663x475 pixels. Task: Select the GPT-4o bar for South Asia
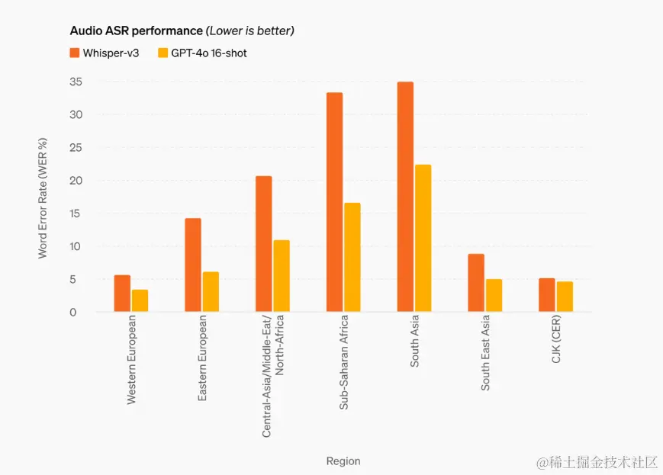[x=423, y=238]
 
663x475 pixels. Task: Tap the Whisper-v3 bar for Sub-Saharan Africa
[x=334, y=202]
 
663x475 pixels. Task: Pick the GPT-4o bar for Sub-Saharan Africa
[x=352, y=257]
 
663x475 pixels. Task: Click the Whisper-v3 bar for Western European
[x=122, y=294]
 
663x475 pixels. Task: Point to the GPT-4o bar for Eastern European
[x=211, y=292]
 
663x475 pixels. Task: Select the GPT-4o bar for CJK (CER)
[x=565, y=297]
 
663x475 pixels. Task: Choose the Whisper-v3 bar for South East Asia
[x=476, y=283]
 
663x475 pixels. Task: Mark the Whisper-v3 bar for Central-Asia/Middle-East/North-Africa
[x=263, y=244]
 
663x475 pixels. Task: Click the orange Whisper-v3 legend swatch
[x=75, y=53]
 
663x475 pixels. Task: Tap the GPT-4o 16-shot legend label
[x=208, y=53]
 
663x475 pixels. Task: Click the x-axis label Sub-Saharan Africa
[x=343, y=362]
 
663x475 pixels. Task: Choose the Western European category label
[x=131, y=358]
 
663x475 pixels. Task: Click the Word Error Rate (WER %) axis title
[x=43, y=198]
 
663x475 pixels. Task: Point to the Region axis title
[x=343, y=461]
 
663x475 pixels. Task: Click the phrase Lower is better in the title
[x=249, y=31]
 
